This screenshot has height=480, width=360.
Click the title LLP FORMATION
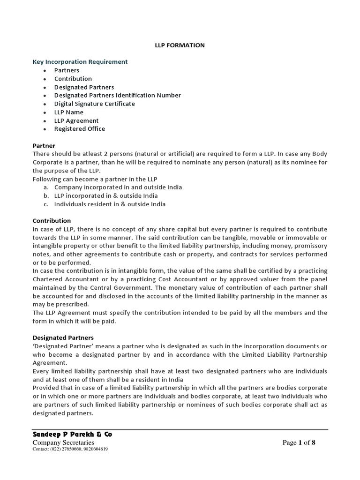[180, 45]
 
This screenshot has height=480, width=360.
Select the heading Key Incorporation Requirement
[80, 62]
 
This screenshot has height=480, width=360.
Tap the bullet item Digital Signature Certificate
[94, 104]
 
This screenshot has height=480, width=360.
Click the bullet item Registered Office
[79, 129]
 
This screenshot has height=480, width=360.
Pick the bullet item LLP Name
[68, 112]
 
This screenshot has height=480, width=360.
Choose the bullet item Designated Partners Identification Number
[117, 95]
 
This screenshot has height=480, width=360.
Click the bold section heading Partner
[44, 146]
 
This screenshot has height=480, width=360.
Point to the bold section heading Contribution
[52, 220]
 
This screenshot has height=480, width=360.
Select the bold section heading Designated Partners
[63, 337]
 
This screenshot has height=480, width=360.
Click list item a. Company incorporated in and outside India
[118, 187]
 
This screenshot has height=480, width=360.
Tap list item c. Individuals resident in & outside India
[110, 204]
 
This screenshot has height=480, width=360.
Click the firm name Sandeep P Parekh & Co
[72, 435]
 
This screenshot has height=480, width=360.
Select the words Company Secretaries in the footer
[63, 442]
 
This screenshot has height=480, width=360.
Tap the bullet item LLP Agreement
[76, 120]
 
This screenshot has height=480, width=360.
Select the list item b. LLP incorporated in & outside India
[106, 195]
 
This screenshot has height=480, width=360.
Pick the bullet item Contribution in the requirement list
[73, 79]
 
